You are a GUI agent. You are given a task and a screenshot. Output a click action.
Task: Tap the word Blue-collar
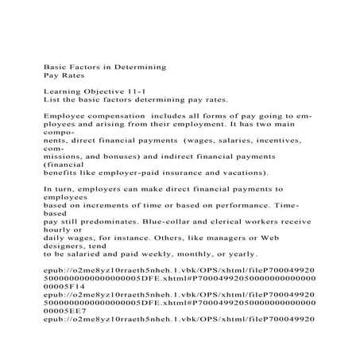pos(176,223)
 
